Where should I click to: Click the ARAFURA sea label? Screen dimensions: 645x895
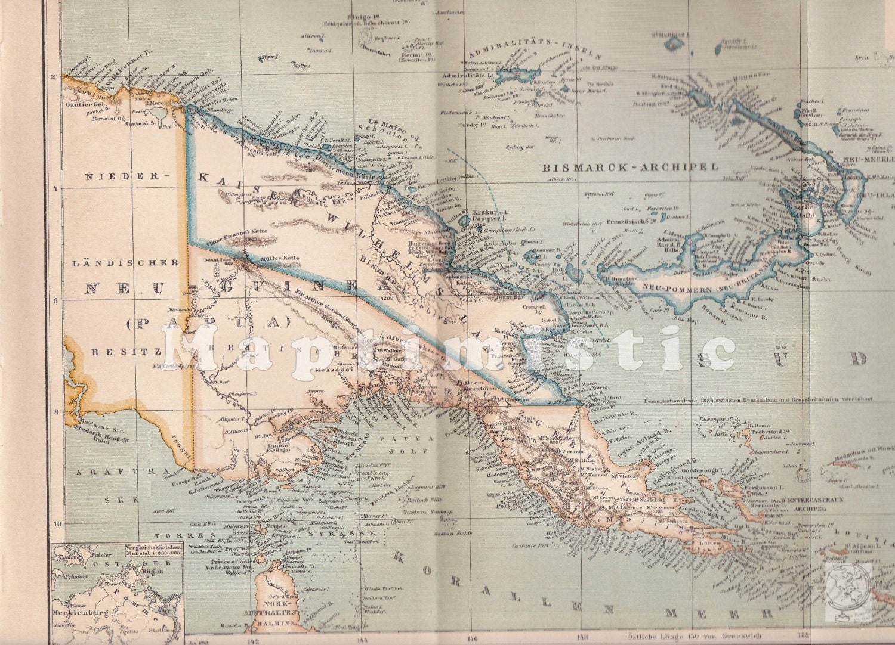point(115,472)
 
